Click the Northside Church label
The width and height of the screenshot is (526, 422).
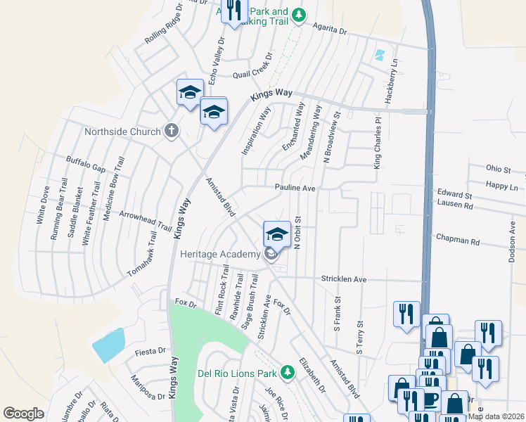[122, 132]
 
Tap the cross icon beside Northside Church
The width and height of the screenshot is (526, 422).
[171, 130]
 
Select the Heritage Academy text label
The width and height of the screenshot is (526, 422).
[220, 254]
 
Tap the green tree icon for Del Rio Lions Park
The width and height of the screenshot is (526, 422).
[287, 371]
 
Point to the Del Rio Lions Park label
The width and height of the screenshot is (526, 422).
[238, 372]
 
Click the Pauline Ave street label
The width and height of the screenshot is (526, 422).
[295, 188]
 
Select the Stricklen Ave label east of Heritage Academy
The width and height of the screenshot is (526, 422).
[345, 279]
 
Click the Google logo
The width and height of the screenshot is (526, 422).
[23, 413]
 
